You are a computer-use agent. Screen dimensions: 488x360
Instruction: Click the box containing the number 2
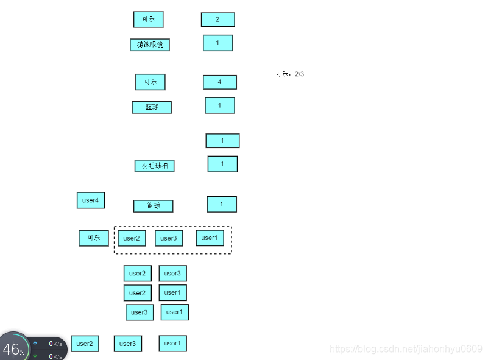pyautogui.click(x=217, y=19)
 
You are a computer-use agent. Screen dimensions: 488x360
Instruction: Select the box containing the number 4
pyautogui.click(x=219, y=82)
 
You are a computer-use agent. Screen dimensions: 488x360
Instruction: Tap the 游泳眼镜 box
pyautogui.click(x=149, y=44)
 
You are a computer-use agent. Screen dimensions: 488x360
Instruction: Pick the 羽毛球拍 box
pyautogui.click(x=154, y=166)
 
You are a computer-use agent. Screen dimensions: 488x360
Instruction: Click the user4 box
pyautogui.click(x=91, y=200)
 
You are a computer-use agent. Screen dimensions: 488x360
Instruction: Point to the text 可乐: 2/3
pyautogui.click(x=289, y=74)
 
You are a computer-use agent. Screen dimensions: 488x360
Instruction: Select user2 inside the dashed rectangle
pyautogui.click(x=132, y=238)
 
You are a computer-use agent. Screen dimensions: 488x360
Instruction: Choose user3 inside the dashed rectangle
pyautogui.click(x=169, y=238)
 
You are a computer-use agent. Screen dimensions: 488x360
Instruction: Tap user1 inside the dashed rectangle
pyautogui.click(x=210, y=238)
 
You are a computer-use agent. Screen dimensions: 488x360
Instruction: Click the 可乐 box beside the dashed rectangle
pyautogui.click(x=93, y=238)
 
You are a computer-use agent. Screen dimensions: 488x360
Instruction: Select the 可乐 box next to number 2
pyautogui.click(x=148, y=19)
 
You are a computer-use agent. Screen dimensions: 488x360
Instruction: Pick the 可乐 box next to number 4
pyautogui.click(x=150, y=82)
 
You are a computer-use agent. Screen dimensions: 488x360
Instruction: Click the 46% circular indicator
pyautogui.click(x=13, y=348)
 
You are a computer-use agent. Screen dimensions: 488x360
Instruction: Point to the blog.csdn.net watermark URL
pyautogui.click(x=406, y=349)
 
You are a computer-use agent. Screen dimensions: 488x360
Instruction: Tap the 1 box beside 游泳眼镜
pyautogui.click(x=217, y=43)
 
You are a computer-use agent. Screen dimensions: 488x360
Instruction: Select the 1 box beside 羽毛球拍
pyautogui.click(x=222, y=164)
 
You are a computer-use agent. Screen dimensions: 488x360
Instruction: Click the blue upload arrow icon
pyautogui.click(x=35, y=344)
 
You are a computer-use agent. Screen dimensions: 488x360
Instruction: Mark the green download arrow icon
pyautogui.click(x=35, y=356)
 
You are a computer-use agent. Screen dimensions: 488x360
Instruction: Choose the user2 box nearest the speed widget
pyautogui.click(x=85, y=344)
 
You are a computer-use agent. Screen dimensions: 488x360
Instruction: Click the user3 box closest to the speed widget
pyautogui.click(x=127, y=344)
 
